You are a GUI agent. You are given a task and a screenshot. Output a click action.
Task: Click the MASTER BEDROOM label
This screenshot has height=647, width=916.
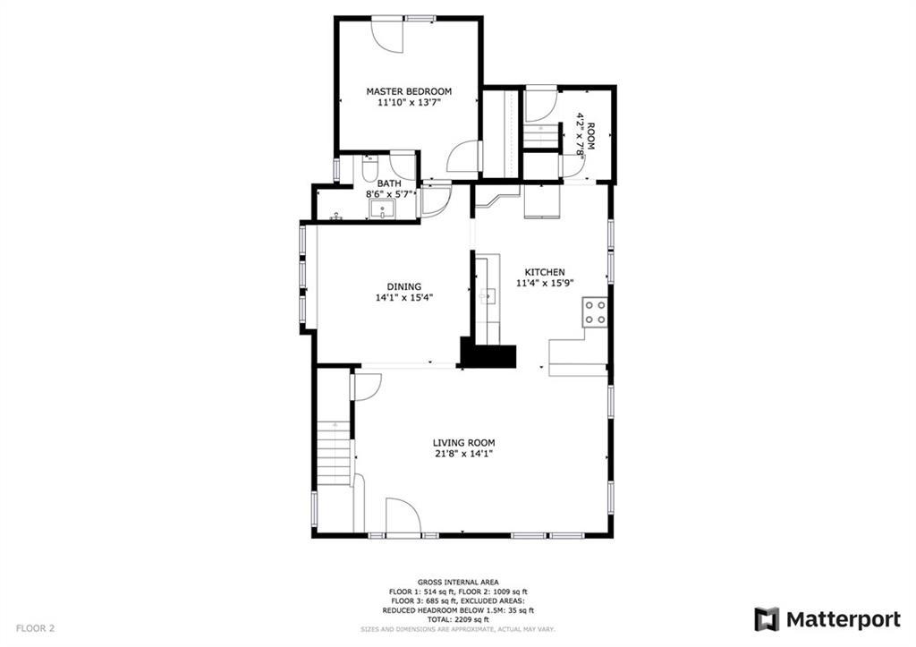click(x=409, y=91)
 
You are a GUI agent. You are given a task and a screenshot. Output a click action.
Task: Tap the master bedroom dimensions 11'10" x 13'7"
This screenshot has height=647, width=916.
click(x=409, y=102)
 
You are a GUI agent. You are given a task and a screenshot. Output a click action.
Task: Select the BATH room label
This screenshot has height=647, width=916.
click(x=389, y=183)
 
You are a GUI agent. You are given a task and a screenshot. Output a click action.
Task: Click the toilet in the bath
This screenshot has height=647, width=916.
click(x=369, y=168)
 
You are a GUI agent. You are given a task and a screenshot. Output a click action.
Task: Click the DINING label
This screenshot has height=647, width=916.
click(x=404, y=286)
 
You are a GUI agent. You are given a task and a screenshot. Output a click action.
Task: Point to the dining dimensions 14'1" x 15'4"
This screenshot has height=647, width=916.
click(x=404, y=297)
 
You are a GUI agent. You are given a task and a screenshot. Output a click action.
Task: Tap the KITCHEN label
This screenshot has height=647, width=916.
click(x=545, y=272)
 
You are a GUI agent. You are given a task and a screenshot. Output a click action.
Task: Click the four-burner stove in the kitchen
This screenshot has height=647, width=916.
click(x=595, y=312)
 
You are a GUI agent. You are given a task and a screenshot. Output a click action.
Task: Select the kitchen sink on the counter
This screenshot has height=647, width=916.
click(x=487, y=295)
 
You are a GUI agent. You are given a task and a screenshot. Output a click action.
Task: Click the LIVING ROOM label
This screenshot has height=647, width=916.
click(x=464, y=443)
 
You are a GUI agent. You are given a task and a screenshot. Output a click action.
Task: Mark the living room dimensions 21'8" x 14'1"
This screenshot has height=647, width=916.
click(x=464, y=454)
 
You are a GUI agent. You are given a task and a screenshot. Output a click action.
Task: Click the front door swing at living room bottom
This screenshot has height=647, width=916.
click(x=403, y=516)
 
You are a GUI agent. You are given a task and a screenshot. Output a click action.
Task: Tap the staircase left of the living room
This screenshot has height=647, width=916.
click(x=335, y=453)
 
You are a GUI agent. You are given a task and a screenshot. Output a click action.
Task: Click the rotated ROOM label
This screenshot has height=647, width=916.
click(x=590, y=135)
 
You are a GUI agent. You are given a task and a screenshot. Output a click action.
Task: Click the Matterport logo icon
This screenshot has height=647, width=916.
click(x=767, y=619)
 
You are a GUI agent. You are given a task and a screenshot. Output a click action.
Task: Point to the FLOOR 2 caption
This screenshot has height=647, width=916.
click(x=35, y=629)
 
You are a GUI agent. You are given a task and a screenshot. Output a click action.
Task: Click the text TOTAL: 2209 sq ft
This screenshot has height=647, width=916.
click(x=458, y=619)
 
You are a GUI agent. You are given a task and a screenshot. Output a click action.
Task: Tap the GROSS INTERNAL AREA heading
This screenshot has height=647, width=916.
click(x=458, y=583)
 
